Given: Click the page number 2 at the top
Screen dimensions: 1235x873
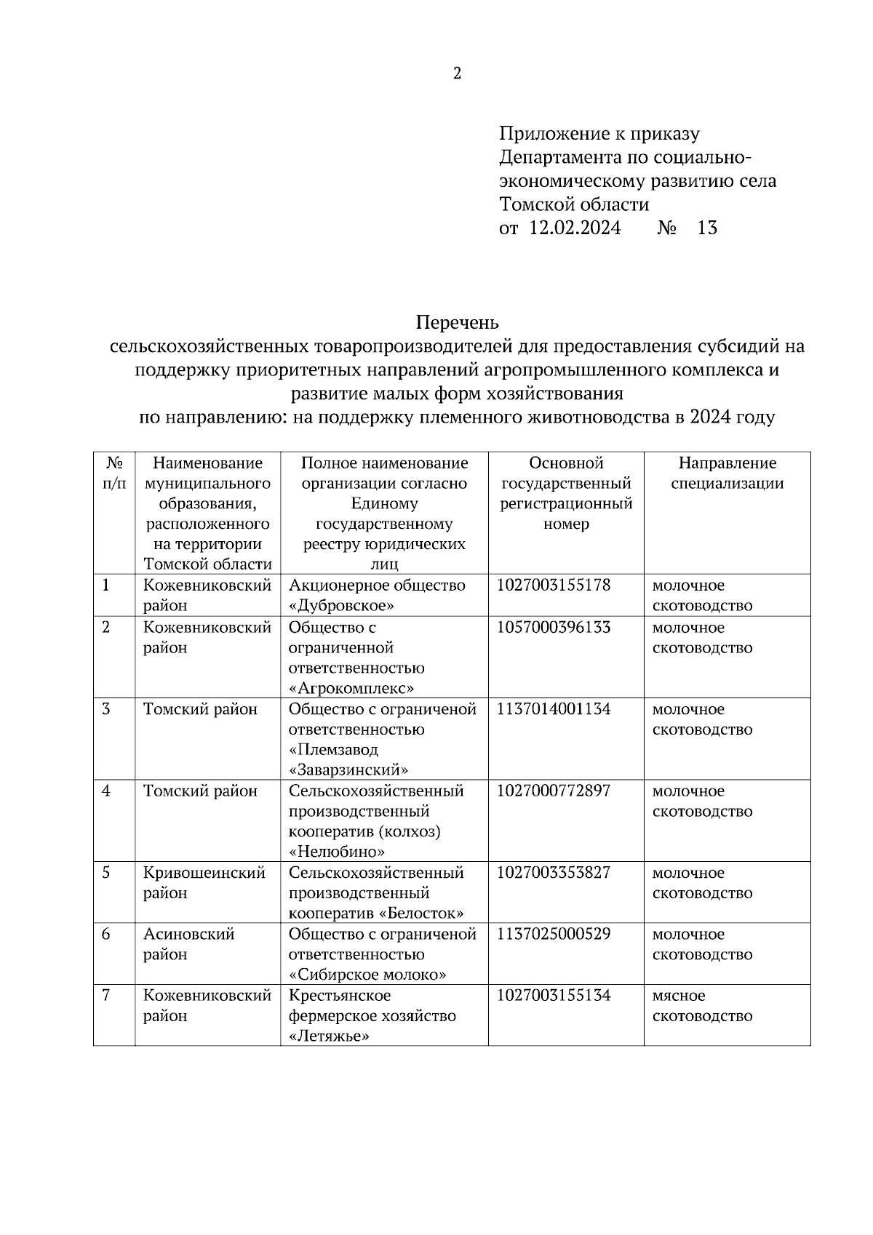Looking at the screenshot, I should [457, 73].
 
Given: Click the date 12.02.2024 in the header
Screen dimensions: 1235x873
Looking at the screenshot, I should [575, 228].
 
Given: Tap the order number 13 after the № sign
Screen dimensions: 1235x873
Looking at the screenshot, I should [706, 228].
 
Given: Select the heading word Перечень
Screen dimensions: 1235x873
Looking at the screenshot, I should [457, 321].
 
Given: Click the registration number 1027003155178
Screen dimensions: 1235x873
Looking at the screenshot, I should [554, 585].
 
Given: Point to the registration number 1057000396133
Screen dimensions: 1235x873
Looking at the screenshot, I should [554, 628].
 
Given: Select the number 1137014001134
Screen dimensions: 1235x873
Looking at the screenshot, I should [554, 709].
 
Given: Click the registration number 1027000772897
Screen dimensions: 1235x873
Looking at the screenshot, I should [554, 791].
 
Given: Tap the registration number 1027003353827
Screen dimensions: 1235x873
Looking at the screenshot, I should [554, 873].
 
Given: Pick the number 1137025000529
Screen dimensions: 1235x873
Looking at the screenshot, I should [554, 934].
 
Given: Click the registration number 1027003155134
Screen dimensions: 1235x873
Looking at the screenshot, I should [554, 995].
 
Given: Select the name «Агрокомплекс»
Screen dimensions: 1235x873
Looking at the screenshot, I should [351, 688].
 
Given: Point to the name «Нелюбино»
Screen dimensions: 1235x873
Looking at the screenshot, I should [337, 852].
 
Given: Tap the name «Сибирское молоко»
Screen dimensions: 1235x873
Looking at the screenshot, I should [367, 975].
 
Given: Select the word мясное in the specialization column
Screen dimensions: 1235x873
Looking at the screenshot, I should [679, 996].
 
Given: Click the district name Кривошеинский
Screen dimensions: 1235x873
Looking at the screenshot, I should [204, 873].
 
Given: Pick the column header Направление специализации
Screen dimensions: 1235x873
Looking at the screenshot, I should [727, 473].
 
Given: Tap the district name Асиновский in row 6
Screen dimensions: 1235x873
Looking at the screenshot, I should [188, 934].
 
